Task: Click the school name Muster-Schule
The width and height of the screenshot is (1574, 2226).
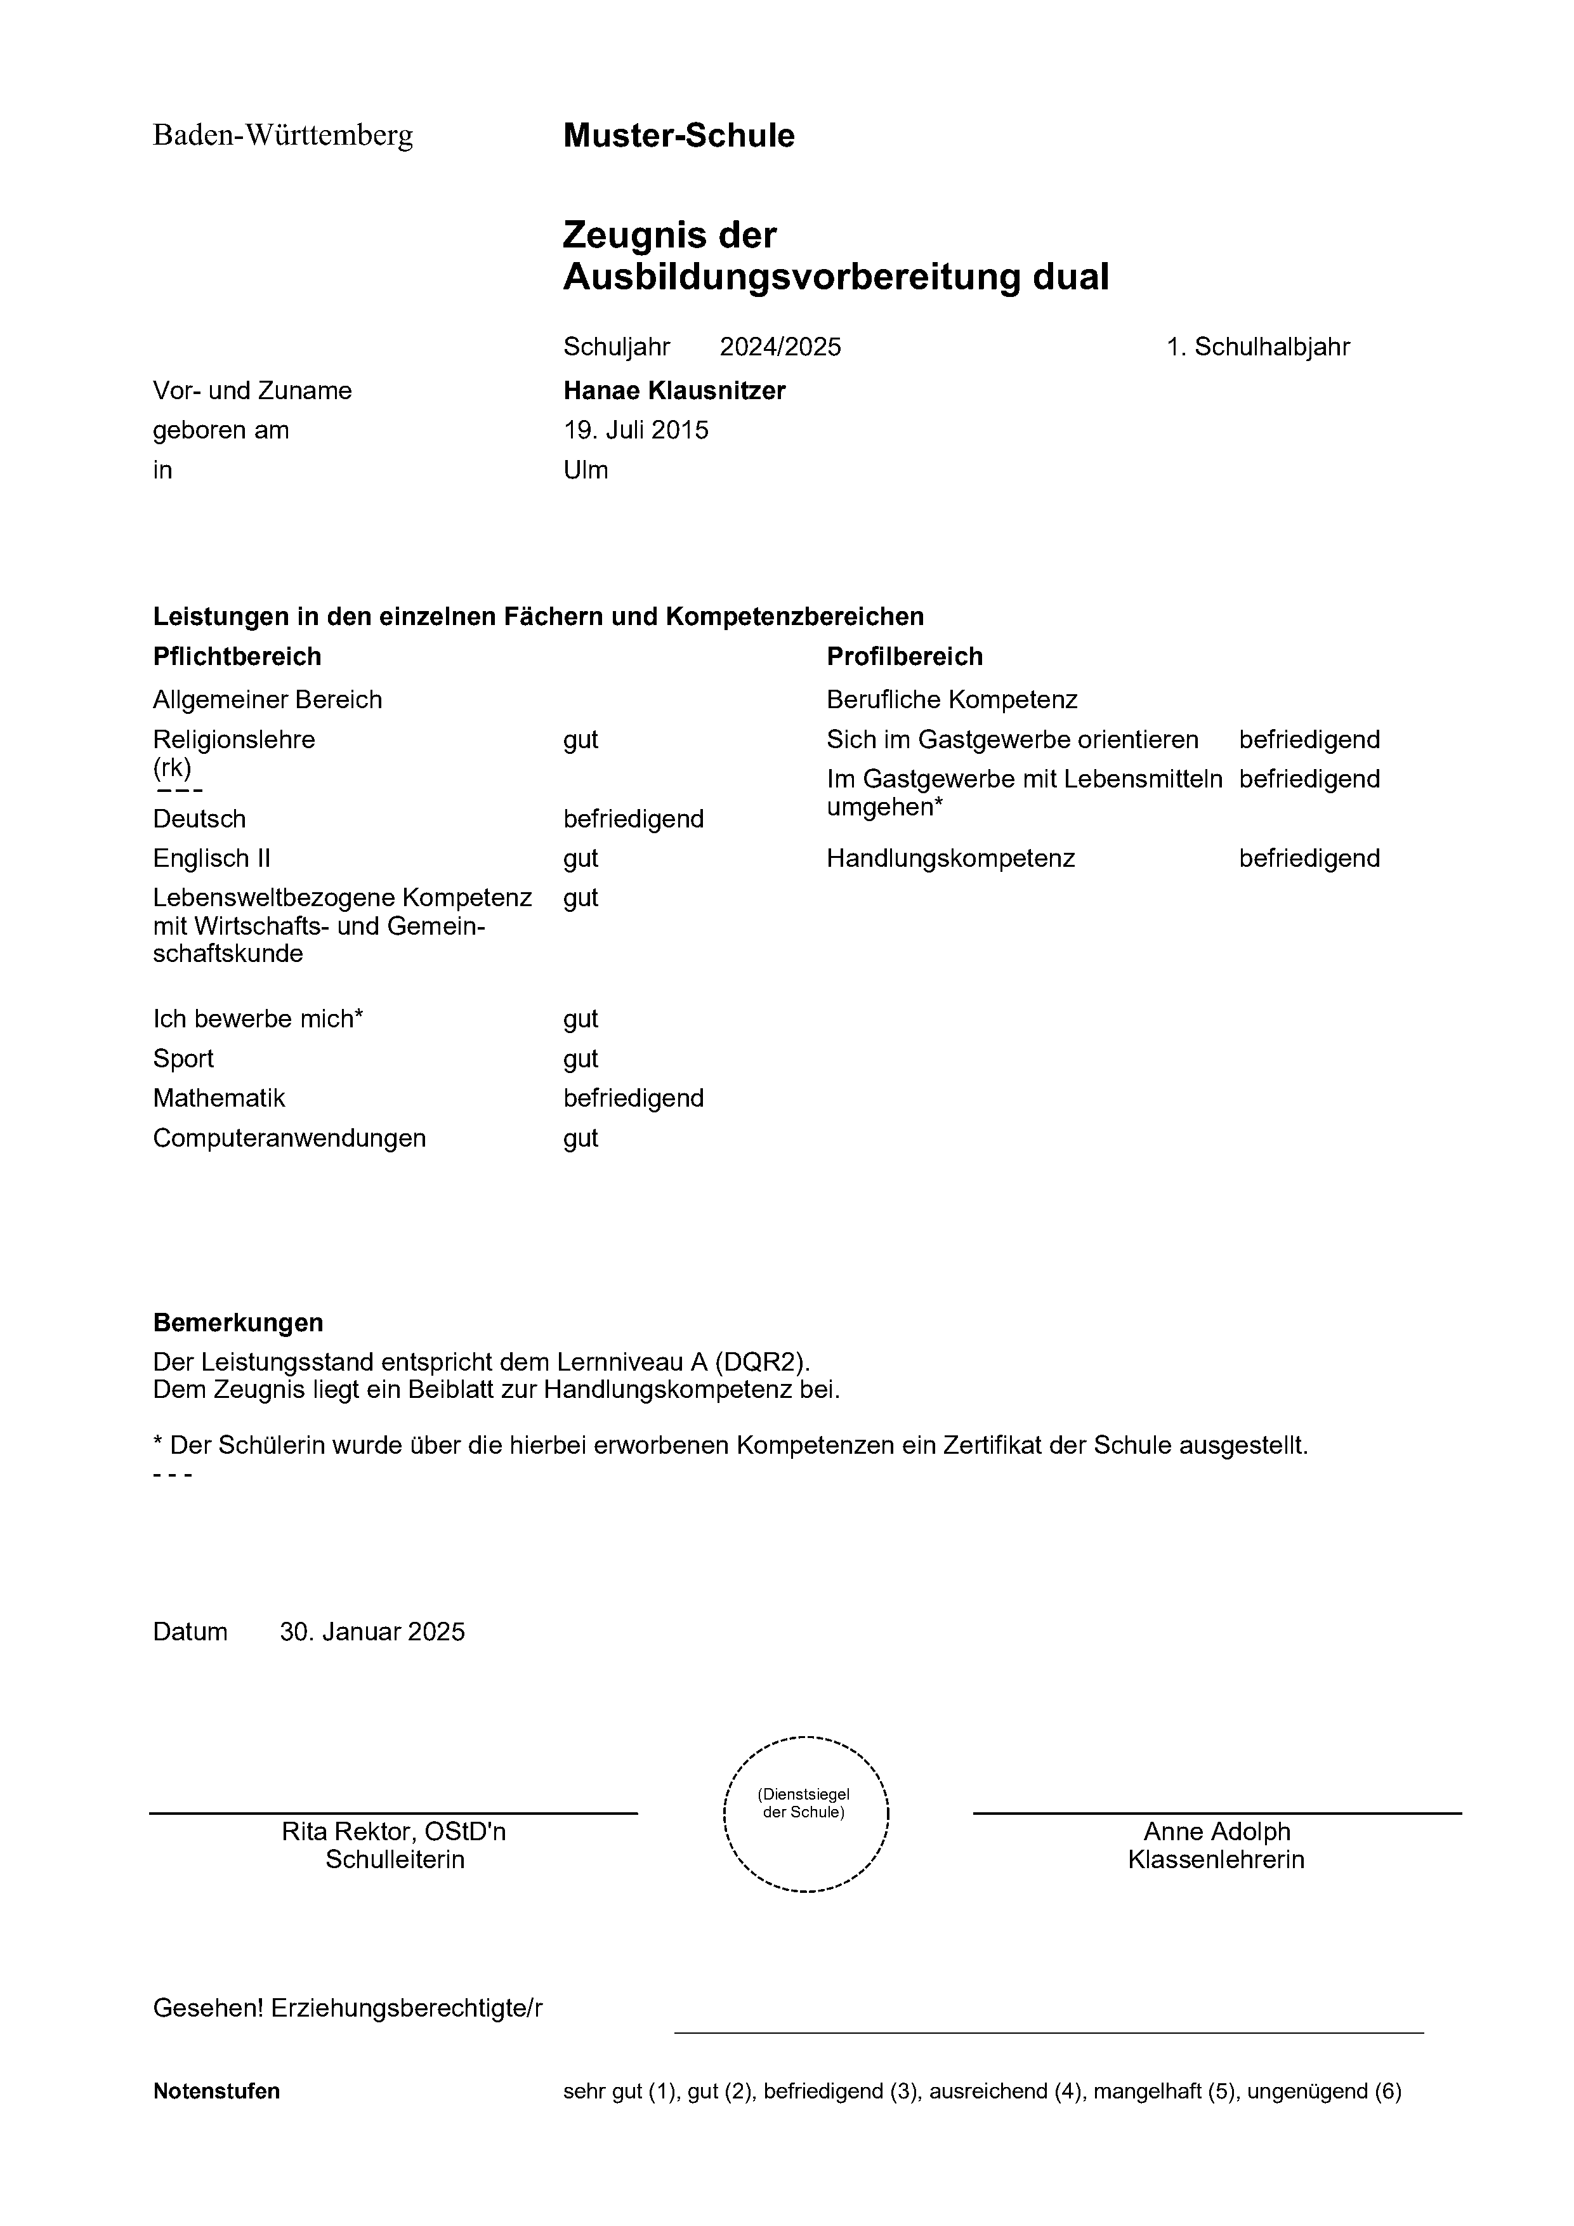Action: (678, 136)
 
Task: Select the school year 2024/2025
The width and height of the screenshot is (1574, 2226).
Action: (780, 347)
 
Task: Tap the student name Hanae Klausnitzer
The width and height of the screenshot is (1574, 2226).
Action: (674, 391)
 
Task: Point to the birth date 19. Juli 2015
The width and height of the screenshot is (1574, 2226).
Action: (636, 430)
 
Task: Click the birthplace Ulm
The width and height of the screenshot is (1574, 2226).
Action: (586, 470)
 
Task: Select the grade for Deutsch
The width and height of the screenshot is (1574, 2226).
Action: (633, 819)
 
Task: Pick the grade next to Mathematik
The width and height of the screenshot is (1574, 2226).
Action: (633, 1098)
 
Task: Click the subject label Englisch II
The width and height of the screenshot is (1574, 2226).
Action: (211, 859)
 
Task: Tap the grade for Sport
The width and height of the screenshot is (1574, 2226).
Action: (580, 1058)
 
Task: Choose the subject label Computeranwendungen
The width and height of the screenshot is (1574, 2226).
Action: (289, 1138)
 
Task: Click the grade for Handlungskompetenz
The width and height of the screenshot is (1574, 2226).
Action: (1308, 859)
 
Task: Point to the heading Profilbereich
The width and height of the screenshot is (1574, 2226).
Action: (904, 657)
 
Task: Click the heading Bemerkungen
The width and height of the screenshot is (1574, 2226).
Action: (237, 1324)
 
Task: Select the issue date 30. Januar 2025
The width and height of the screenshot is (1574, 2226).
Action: (372, 1631)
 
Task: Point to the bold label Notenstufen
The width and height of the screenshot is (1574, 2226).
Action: (216, 2091)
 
